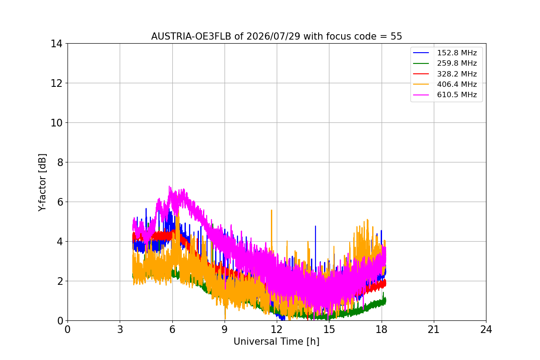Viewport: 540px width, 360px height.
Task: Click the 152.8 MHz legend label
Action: pos(457,53)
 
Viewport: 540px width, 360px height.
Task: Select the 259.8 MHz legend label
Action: pos(457,63)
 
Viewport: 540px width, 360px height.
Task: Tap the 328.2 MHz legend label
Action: pos(457,74)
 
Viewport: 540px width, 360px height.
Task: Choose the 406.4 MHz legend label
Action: pos(457,84)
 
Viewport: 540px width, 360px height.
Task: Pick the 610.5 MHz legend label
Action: pos(457,95)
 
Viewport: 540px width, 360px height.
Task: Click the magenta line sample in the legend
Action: pos(421,95)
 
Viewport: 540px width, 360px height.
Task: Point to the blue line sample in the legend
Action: pos(421,53)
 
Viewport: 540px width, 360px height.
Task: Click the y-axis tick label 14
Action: pos(56,44)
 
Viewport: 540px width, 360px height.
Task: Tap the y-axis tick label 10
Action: pos(56,123)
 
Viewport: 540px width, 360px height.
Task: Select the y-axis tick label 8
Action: pos(60,162)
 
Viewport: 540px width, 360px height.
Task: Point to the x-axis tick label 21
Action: pos(433,329)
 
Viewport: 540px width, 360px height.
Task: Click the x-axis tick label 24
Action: pos(486,329)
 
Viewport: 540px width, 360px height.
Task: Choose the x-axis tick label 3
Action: pos(120,329)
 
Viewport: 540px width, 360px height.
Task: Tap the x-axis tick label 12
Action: pos(276,329)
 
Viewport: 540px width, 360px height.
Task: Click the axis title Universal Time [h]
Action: pos(276,342)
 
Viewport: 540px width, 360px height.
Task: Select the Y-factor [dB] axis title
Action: pos(42,183)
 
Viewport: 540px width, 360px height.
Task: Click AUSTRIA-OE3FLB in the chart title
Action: pos(191,36)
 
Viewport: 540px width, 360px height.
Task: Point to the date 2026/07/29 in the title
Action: pos(273,36)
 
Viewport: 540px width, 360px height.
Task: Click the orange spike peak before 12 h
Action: pos(271,210)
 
